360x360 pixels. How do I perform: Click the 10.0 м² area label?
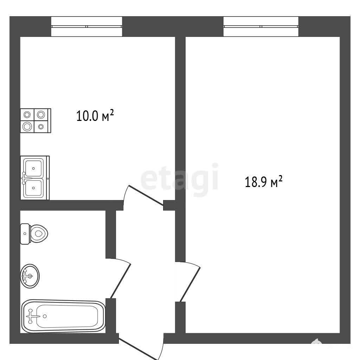point(95,115)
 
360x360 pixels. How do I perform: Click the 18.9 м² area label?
point(264,182)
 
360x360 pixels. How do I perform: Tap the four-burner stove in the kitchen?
point(36,121)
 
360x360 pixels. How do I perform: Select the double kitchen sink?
point(35,178)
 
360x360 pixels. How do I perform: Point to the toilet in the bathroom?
point(34,234)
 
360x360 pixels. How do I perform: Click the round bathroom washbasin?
point(30,276)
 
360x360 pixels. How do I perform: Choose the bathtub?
point(63,316)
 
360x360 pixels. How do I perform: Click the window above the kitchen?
point(86,26)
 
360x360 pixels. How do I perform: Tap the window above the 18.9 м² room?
point(261,26)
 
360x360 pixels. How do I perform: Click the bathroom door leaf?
point(121,281)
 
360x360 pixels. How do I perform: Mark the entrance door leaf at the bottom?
point(138,349)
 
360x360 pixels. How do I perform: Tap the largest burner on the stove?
point(27,127)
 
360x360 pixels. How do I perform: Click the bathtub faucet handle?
point(31,316)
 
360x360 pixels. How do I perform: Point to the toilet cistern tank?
point(25,234)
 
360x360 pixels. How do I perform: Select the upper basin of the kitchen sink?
point(33,168)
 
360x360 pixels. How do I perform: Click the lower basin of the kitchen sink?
point(33,188)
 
